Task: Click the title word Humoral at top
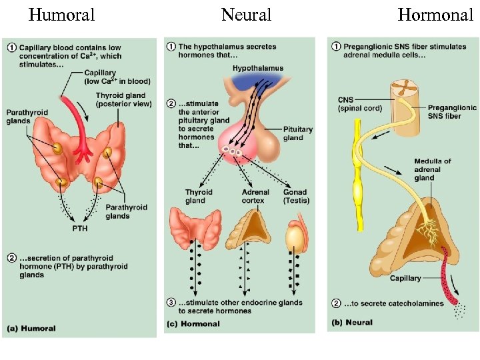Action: tap(62, 15)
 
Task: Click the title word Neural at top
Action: tap(246, 15)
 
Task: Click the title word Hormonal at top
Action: tap(435, 15)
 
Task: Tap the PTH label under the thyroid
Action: tap(80, 229)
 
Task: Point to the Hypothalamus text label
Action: tap(257, 68)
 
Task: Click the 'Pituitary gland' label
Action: tap(293, 133)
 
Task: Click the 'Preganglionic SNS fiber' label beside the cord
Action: tap(451, 111)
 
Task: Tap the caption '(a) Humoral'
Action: tap(31, 328)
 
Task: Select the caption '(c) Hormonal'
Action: tap(193, 324)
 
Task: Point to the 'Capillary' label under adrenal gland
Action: tap(405, 278)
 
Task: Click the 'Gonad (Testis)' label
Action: tap(295, 196)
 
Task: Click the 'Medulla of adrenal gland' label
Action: tap(432, 169)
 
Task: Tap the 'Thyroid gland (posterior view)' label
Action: tap(124, 99)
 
